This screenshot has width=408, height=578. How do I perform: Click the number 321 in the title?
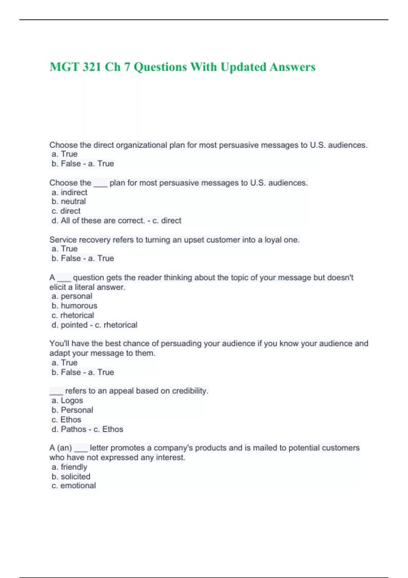coord(91,67)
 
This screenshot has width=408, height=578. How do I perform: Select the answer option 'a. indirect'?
coord(69,192)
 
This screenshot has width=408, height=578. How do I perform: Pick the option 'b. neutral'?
coord(69,202)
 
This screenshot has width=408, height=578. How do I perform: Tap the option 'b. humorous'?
coord(74,306)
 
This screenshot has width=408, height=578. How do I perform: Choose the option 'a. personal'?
coord(72,296)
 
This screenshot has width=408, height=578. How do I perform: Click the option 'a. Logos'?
coord(67,401)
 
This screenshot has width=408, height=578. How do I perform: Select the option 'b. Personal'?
coord(72,410)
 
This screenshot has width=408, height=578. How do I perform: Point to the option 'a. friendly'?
coord(69,467)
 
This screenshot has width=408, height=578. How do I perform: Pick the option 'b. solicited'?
coord(71,477)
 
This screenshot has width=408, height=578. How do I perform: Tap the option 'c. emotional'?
coord(74,486)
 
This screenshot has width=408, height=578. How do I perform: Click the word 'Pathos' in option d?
coord(73,429)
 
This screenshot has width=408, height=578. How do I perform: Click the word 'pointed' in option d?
coord(74,325)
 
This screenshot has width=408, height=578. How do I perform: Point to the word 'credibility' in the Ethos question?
coord(189,391)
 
